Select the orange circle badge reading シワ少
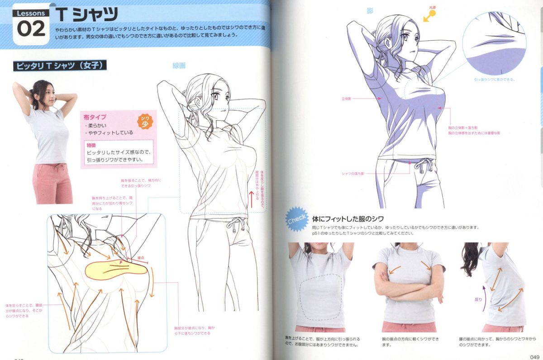[144, 122]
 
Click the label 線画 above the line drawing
[179, 66]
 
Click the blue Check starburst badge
[296, 219]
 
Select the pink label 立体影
[347, 98]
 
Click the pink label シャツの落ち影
[352, 174]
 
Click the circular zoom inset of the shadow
[494, 43]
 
